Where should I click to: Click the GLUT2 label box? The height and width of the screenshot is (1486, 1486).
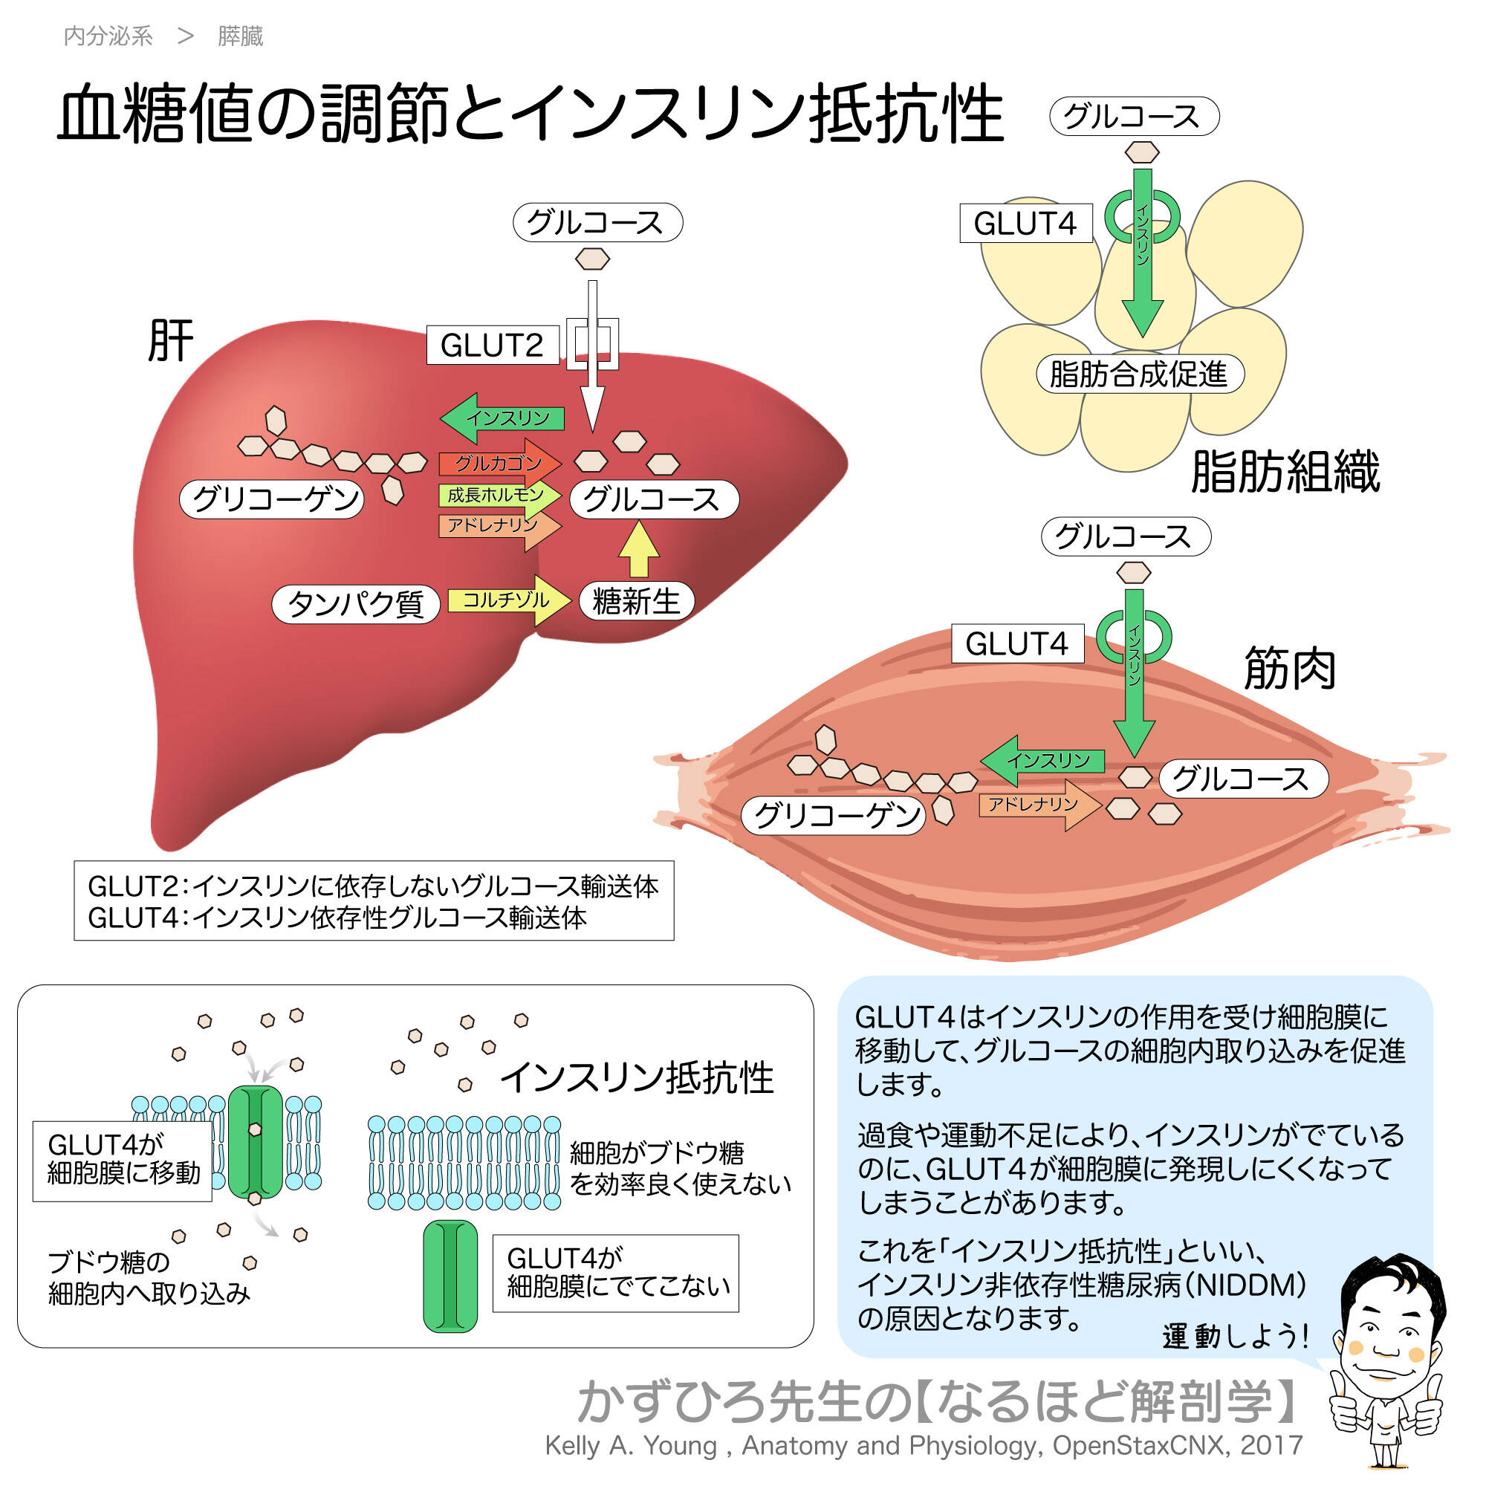pyautogui.click(x=493, y=345)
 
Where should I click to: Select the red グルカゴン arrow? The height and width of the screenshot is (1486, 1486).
pyautogui.click(x=499, y=463)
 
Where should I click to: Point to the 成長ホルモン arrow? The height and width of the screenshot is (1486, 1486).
pyautogui.click(x=499, y=495)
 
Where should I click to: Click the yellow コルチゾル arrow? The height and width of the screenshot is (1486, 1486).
pyautogui.click(x=508, y=600)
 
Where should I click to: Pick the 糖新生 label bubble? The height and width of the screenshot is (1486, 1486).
pyautogui.click(x=636, y=600)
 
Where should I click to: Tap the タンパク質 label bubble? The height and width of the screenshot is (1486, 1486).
pyautogui.click(x=355, y=603)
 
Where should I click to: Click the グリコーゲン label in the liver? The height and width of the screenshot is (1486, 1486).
pyautogui.click(x=271, y=499)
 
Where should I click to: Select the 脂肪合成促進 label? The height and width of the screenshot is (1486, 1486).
pyautogui.click(x=1139, y=374)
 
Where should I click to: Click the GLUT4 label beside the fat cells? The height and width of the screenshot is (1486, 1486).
pyautogui.click(x=1025, y=224)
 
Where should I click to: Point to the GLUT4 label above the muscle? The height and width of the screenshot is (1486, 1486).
pyautogui.click(x=1017, y=643)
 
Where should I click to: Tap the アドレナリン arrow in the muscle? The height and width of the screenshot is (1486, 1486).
pyautogui.click(x=1039, y=805)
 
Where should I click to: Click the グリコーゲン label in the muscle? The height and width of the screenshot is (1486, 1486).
pyautogui.click(x=833, y=815)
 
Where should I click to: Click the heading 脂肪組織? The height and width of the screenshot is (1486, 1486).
pyautogui.click(x=1285, y=471)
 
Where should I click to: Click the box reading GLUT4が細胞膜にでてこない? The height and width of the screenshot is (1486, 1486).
pyautogui.click(x=615, y=1274)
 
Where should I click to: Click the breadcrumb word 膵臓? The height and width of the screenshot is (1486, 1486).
pyautogui.click(x=240, y=36)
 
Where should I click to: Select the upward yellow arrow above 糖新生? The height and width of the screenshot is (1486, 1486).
pyautogui.click(x=639, y=549)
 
